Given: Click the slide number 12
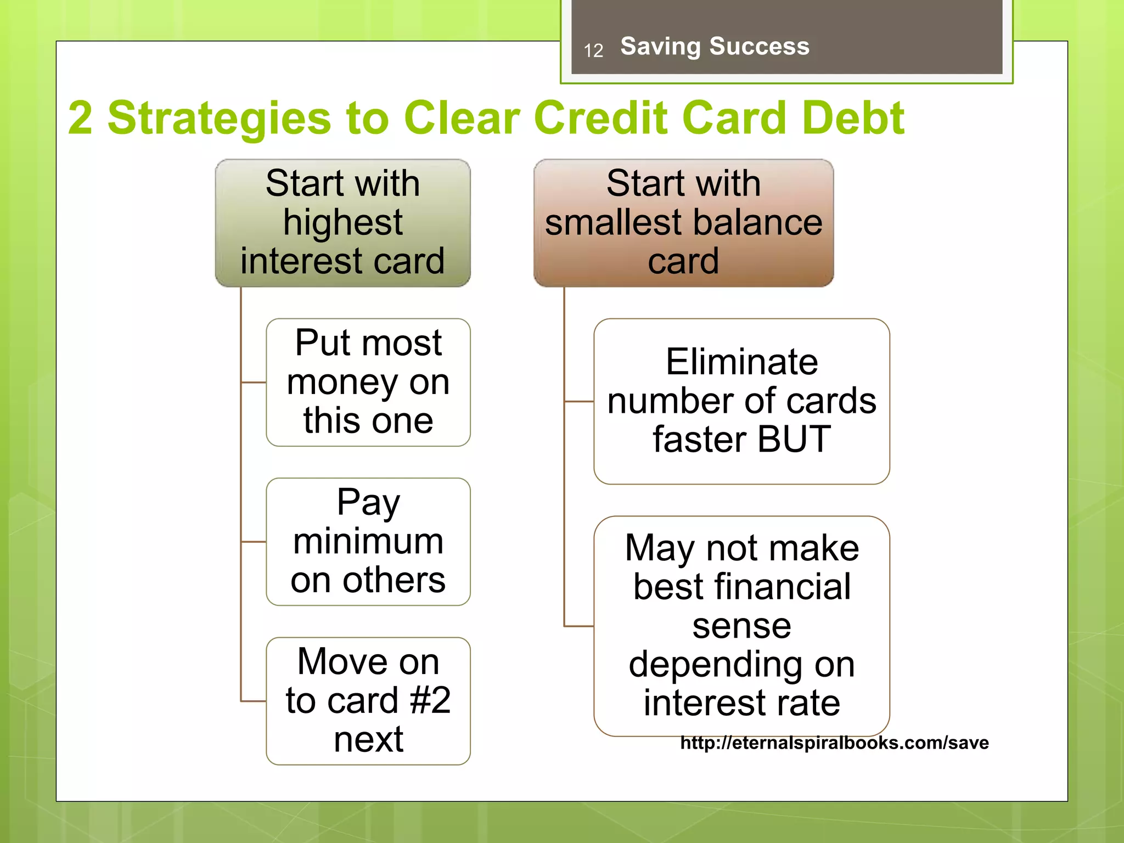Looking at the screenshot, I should tap(593, 51).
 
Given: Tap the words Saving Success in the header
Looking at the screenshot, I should tap(715, 46).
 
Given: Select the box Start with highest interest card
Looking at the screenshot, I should tap(342, 222).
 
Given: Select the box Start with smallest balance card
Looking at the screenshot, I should tap(683, 222).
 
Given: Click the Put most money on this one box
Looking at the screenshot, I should tap(368, 382).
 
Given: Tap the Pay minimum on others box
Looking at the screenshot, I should tap(368, 542).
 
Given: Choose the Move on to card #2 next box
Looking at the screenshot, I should tap(368, 701).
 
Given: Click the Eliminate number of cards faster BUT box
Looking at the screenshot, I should tap(741, 401).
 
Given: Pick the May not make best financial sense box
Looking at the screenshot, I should tap(741, 626).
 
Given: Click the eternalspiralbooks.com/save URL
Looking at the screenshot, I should tap(834, 743).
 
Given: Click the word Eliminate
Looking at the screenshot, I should tap(741, 362).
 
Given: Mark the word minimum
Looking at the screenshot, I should tap(368, 542).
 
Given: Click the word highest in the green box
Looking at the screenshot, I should tap(342, 222).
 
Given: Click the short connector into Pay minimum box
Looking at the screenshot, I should tap(254, 542).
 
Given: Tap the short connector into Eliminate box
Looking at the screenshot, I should tap(579, 401).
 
